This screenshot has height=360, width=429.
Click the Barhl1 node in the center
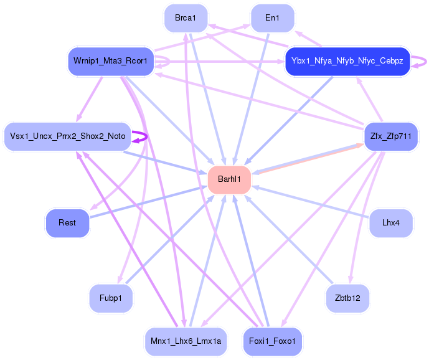229,180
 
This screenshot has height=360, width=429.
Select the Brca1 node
186,18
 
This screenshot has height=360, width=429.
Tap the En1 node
272,18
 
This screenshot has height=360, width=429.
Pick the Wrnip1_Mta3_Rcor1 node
110,62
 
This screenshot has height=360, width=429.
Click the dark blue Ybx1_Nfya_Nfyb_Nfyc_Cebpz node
347,62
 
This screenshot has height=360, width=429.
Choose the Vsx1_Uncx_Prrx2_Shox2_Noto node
68,136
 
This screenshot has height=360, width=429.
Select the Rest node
67,222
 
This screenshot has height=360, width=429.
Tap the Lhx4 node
390,222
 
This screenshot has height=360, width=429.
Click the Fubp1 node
111,298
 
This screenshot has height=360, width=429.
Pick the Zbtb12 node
347,298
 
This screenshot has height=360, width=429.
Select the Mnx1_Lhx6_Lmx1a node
186,341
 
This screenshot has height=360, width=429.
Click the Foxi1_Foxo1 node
272,341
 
